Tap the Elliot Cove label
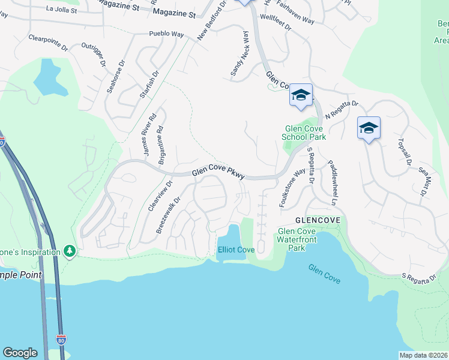(x=236, y=250)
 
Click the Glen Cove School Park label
(x=305, y=133)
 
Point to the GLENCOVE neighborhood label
(x=318, y=220)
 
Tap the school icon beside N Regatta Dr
(x=301, y=95)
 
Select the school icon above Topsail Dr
(x=369, y=128)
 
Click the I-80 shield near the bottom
(x=60, y=339)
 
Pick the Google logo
(x=20, y=353)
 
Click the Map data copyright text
(x=423, y=356)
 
